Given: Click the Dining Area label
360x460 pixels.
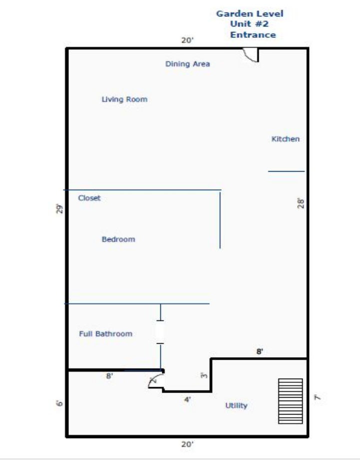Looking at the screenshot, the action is [x=188, y=64].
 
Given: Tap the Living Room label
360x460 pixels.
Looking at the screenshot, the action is [x=124, y=99].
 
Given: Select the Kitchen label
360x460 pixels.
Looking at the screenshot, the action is [x=286, y=139].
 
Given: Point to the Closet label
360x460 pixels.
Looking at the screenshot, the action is [x=89, y=198].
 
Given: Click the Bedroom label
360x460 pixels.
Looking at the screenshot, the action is [x=118, y=239].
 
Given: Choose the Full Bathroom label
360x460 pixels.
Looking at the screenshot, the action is [x=106, y=334].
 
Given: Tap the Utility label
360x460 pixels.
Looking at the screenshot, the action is [x=236, y=406].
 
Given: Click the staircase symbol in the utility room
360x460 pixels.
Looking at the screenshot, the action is [x=291, y=401].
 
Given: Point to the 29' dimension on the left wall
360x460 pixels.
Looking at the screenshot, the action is [x=59, y=209].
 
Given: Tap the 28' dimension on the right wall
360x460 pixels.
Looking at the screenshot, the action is [x=301, y=203].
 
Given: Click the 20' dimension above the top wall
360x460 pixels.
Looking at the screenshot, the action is [x=187, y=40].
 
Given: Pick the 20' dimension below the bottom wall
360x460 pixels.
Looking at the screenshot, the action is [x=187, y=445].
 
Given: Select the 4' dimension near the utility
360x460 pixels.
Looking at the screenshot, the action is [x=187, y=400].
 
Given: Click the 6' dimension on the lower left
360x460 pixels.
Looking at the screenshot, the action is [x=59, y=404].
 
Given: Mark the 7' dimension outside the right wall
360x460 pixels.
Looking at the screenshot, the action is [x=317, y=398].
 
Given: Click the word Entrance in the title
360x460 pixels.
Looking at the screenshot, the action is [x=253, y=35].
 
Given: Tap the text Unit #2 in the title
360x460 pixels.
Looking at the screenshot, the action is [x=249, y=24].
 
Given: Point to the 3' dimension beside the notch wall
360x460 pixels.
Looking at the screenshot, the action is [x=204, y=375].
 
